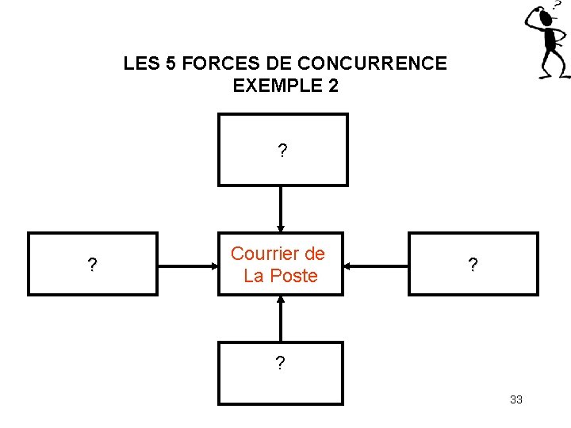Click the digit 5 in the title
click(x=171, y=63)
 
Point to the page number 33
click(x=516, y=399)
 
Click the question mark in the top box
click(x=282, y=151)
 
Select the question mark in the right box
click(x=473, y=266)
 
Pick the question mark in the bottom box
click(x=280, y=364)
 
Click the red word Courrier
click(x=278, y=254)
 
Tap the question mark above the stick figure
click(x=557, y=5)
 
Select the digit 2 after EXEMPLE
click(x=332, y=86)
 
